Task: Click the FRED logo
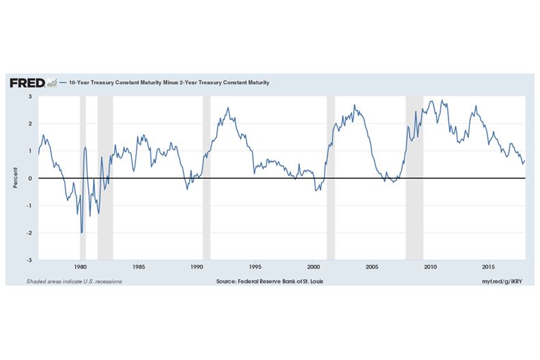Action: [27, 83]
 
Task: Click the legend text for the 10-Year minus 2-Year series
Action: [169, 83]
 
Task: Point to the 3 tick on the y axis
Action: [30, 96]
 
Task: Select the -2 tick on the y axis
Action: [29, 233]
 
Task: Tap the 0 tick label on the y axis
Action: [30, 178]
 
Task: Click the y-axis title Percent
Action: [15, 178]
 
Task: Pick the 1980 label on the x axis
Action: [80, 267]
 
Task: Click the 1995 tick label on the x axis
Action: [255, 267]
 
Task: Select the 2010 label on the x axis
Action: [430, 267]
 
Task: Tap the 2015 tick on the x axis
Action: [488, 267]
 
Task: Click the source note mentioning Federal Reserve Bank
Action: [269, 281]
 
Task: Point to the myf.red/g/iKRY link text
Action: [502, 281]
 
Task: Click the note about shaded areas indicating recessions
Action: [75, 281]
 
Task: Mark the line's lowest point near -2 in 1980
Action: [81, 233]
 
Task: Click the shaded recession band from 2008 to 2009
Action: [414, 178]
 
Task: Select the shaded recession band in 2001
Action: [331, 178]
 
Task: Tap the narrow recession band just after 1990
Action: [206, 178]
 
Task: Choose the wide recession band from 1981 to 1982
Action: [105, 178]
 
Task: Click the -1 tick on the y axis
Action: [29, 206]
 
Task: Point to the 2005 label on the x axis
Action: [372, 267]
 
